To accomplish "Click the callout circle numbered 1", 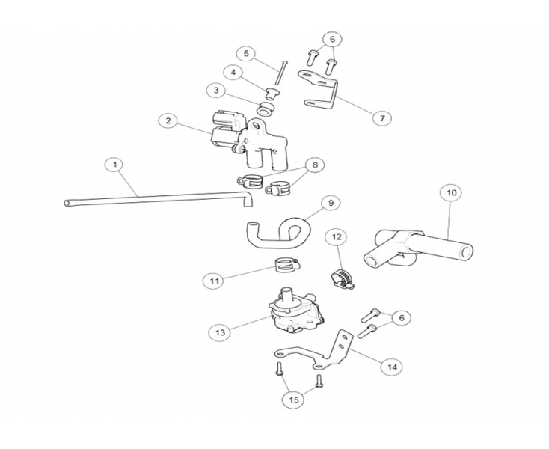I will click(x=114, y=164).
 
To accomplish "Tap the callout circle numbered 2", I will click(x=168, y=120).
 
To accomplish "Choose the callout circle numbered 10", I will click(x=450, y=193).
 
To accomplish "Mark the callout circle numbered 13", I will click(x=221, y=331).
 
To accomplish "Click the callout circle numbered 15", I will click(x=293, y=400).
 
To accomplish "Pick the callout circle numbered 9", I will click(x=330, y=202).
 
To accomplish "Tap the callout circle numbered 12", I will click(x=337, y=237).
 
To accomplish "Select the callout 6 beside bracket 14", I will click(x=401, y=318).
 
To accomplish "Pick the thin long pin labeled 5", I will click(x=282, y=73).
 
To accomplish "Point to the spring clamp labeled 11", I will click(x=283, y=264).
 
